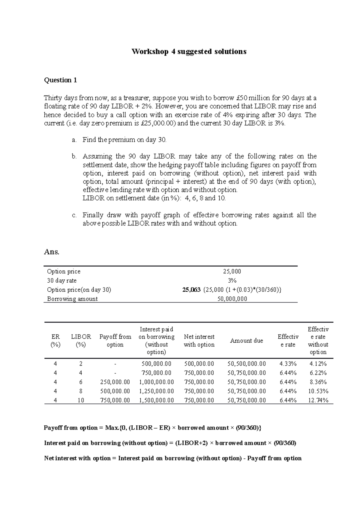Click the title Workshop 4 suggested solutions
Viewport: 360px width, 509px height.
[x=189, y=52]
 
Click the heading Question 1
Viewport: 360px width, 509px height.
[x=60, y=80]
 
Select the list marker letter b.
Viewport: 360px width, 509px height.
[x=74, y=156]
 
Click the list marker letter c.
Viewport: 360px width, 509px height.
[x=74, y=215]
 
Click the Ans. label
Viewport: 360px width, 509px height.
[x=52, y=252]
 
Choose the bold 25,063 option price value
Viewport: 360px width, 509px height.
[x=191, y=290]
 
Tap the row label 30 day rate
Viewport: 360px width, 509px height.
[x=62, y=281]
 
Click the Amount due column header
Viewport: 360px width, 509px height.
[x=246, y=341]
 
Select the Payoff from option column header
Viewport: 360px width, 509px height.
[x=115, y=341]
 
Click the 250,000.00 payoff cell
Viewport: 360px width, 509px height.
[x=115, y=382]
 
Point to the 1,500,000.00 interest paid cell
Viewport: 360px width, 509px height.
[x=156, y=400]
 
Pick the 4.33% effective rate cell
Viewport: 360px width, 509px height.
[x=288, y=364]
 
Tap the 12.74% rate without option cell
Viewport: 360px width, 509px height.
[x=318, y=400]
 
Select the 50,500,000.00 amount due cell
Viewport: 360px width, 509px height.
[x=246, y=364]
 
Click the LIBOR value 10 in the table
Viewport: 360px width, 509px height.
[x=81, y=400]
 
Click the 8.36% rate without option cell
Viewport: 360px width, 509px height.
[x=318, y=382]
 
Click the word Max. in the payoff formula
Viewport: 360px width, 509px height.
[x=112, y=428]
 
